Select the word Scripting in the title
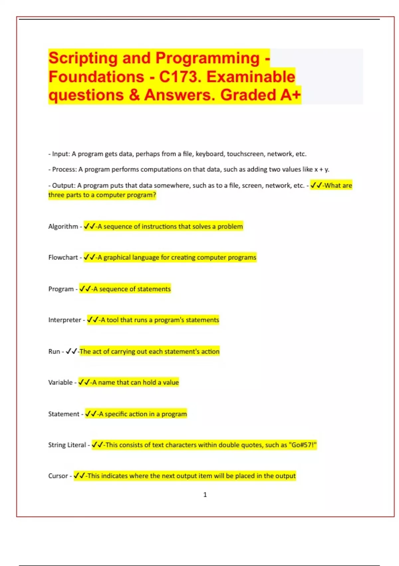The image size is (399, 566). (83, 58)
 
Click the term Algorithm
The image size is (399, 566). (63, 226)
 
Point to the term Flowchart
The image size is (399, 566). (63, 257)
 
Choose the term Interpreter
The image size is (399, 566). (65, 320)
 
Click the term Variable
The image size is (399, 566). (60, 383)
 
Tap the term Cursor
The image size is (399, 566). (58, 476)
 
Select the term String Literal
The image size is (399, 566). (67, 445)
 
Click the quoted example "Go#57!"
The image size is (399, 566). (303, 445)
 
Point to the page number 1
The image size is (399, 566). (205, 495)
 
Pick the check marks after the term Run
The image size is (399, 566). (71, 351)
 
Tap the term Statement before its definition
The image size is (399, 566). (64, 414)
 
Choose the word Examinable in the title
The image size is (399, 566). (251, 77)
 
